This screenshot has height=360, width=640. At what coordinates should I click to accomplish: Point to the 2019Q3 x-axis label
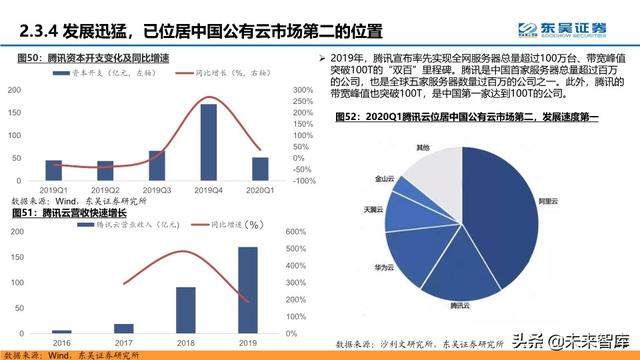pos(157,189)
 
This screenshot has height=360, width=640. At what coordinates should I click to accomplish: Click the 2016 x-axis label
pos(62,341)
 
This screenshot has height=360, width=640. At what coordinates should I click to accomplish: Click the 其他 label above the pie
pos(424,147)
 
